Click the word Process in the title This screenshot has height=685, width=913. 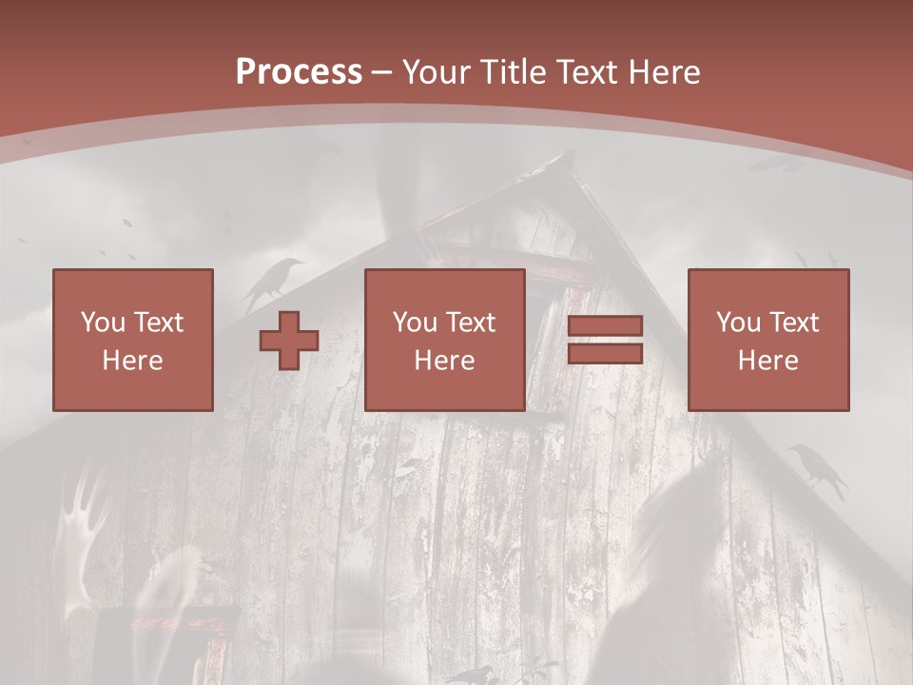coord(299,72)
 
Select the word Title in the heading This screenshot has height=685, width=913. coord(513,72)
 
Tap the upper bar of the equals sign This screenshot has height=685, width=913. coord(605,326)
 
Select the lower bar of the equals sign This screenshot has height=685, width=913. coord(605,354)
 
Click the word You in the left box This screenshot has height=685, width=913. coord(101,323)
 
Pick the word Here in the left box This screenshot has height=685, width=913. coord(132,361)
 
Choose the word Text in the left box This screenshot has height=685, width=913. coord(158,323)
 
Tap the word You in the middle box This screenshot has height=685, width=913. coord(414,323)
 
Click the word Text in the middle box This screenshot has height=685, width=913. coord(471,323)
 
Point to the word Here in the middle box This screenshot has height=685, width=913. coord(444,361)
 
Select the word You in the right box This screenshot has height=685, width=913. coord(737,323)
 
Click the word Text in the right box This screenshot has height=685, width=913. coord(794,323)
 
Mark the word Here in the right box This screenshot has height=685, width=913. coord(767,361)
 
